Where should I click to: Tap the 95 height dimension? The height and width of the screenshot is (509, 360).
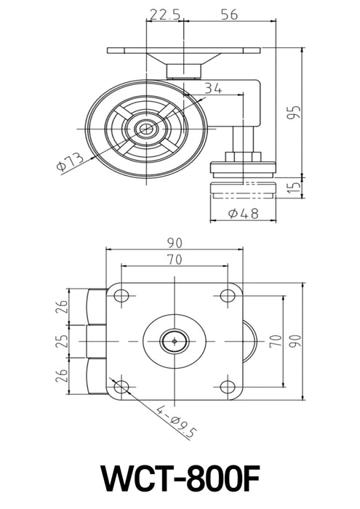coord(293,111)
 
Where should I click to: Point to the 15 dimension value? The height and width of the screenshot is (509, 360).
coord(293,188)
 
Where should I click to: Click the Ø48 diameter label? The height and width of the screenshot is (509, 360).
coord(244,214)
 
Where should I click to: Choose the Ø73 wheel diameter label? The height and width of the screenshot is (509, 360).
coord(71,161)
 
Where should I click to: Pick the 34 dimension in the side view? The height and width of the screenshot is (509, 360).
coord(212,89)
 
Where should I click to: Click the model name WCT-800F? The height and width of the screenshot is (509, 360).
coord(180,480)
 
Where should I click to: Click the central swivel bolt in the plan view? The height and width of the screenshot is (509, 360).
coord(175,340)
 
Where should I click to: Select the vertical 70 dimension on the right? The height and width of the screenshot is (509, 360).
coord(276,340)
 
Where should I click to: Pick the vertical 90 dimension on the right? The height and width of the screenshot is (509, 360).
coord(293,340)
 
